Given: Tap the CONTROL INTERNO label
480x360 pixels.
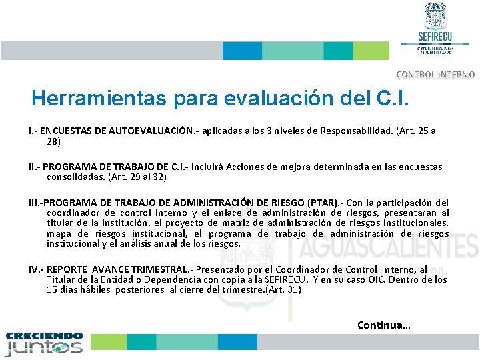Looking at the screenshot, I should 435,75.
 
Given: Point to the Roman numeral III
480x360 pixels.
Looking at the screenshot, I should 33,202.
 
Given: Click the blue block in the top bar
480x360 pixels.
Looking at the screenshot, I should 242,51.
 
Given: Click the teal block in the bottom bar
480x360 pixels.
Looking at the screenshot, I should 141,342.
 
